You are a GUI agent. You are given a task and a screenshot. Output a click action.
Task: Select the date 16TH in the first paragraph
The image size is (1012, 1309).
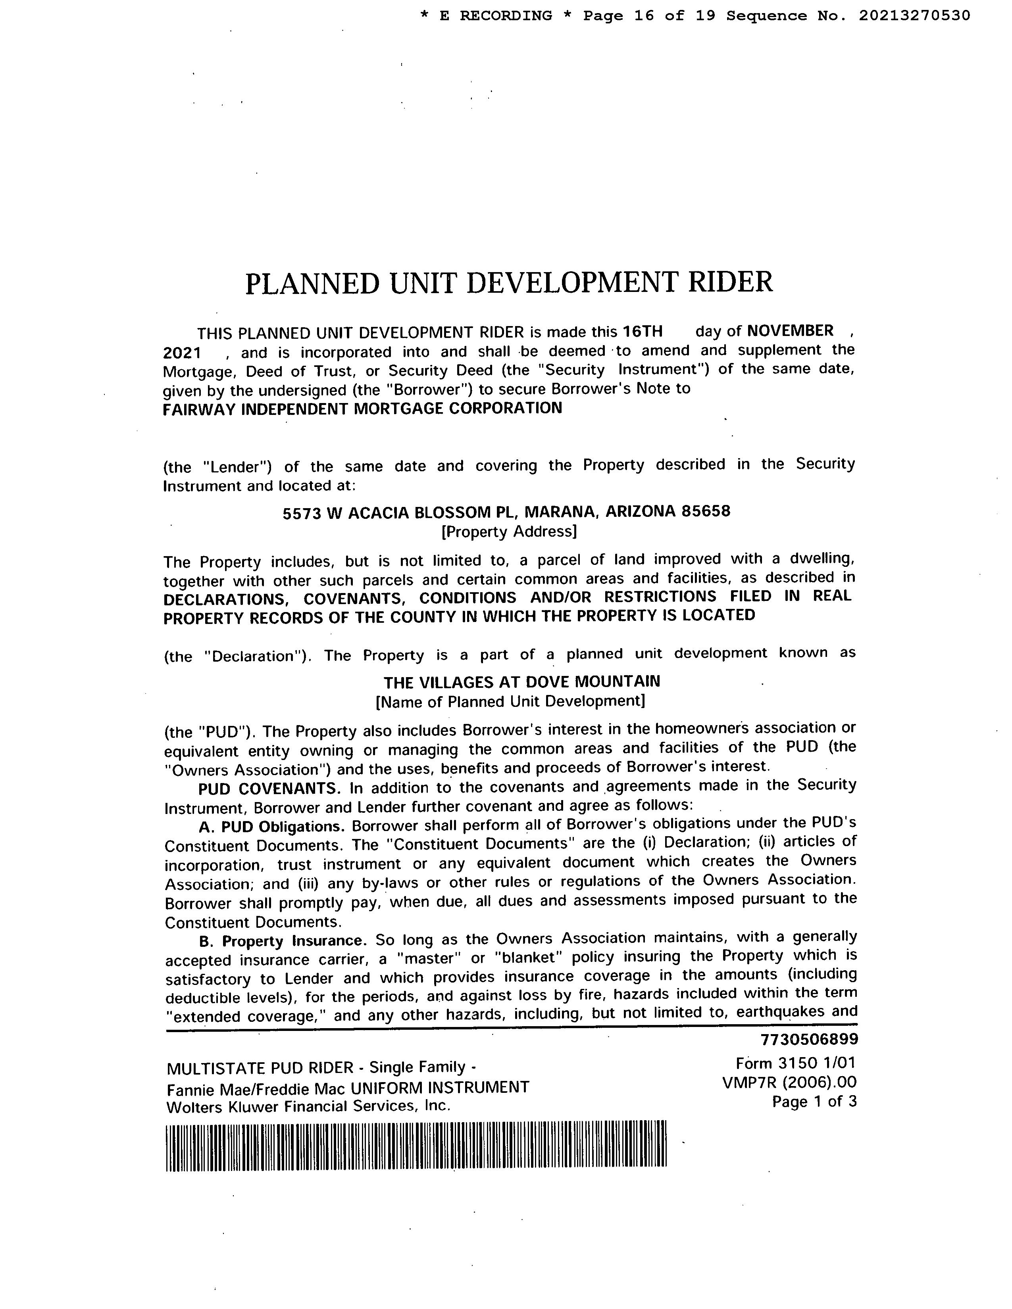pyautogui.click(x=643, y=332)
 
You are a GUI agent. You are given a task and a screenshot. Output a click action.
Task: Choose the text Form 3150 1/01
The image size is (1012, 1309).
pyautogui.click(x=796, y=1063)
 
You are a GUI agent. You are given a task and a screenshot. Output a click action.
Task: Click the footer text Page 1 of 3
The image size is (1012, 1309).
pyautogui.click(x=814, y=1102)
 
